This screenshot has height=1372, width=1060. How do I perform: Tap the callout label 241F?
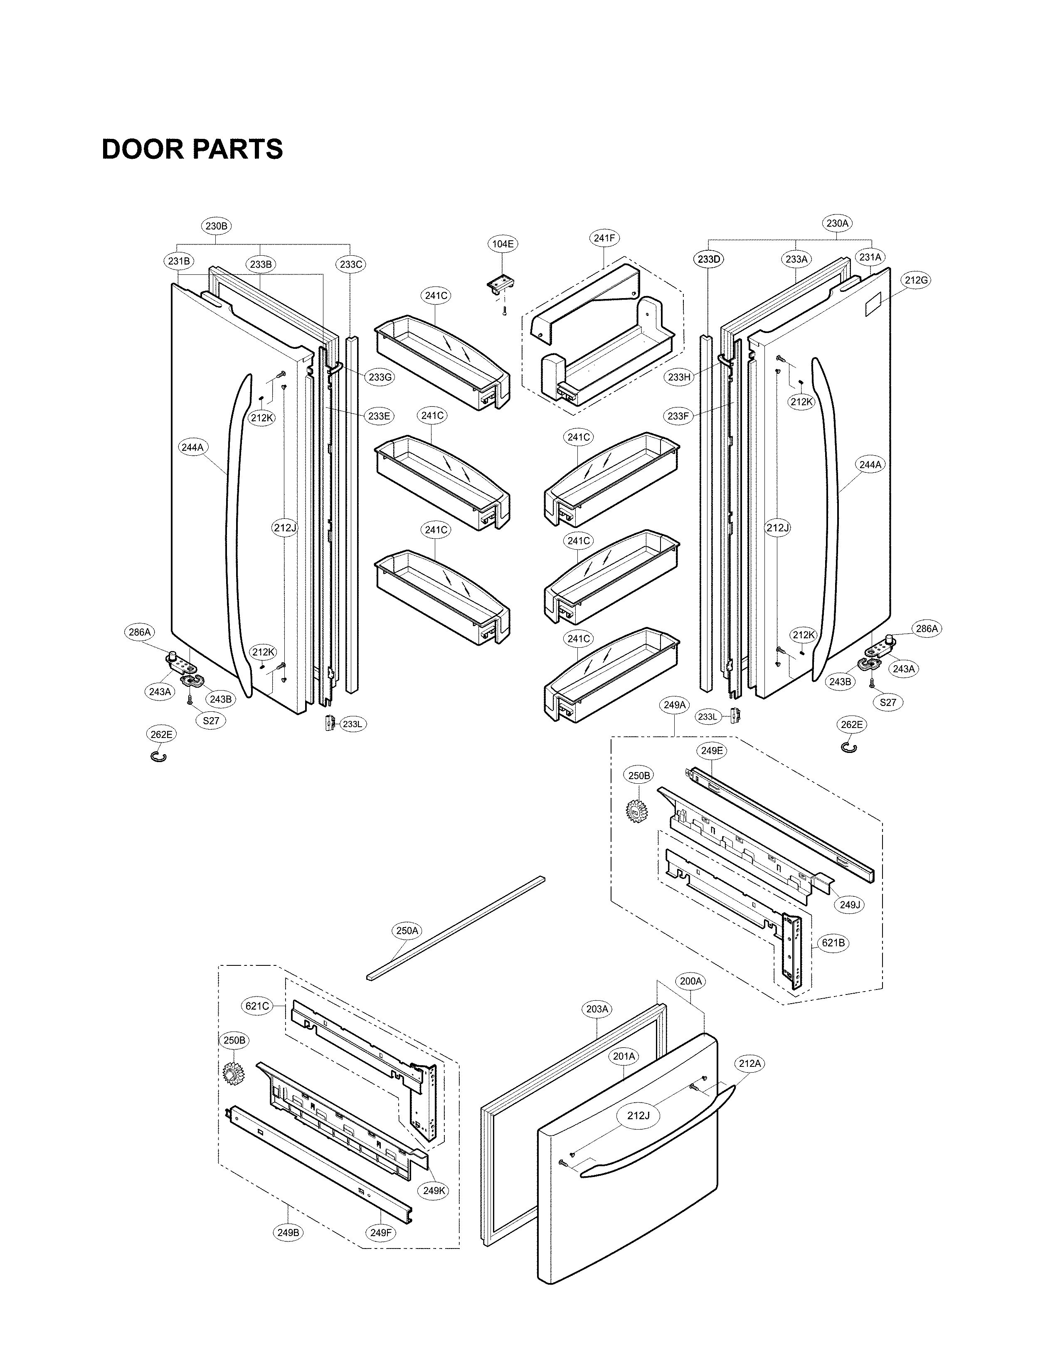point(604,238)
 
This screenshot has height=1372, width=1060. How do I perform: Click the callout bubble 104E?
point(503,244)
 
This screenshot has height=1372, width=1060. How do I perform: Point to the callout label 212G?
point(916,280)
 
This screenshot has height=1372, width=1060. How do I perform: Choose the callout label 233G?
point(380,377)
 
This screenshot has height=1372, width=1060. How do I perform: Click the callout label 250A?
point(407,930)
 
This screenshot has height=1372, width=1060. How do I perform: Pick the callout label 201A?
point(624,1056)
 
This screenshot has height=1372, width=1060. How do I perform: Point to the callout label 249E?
point(712,750)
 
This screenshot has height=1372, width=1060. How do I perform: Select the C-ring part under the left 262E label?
point(159,756)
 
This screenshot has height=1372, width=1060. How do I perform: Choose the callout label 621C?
point(257,1006)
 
